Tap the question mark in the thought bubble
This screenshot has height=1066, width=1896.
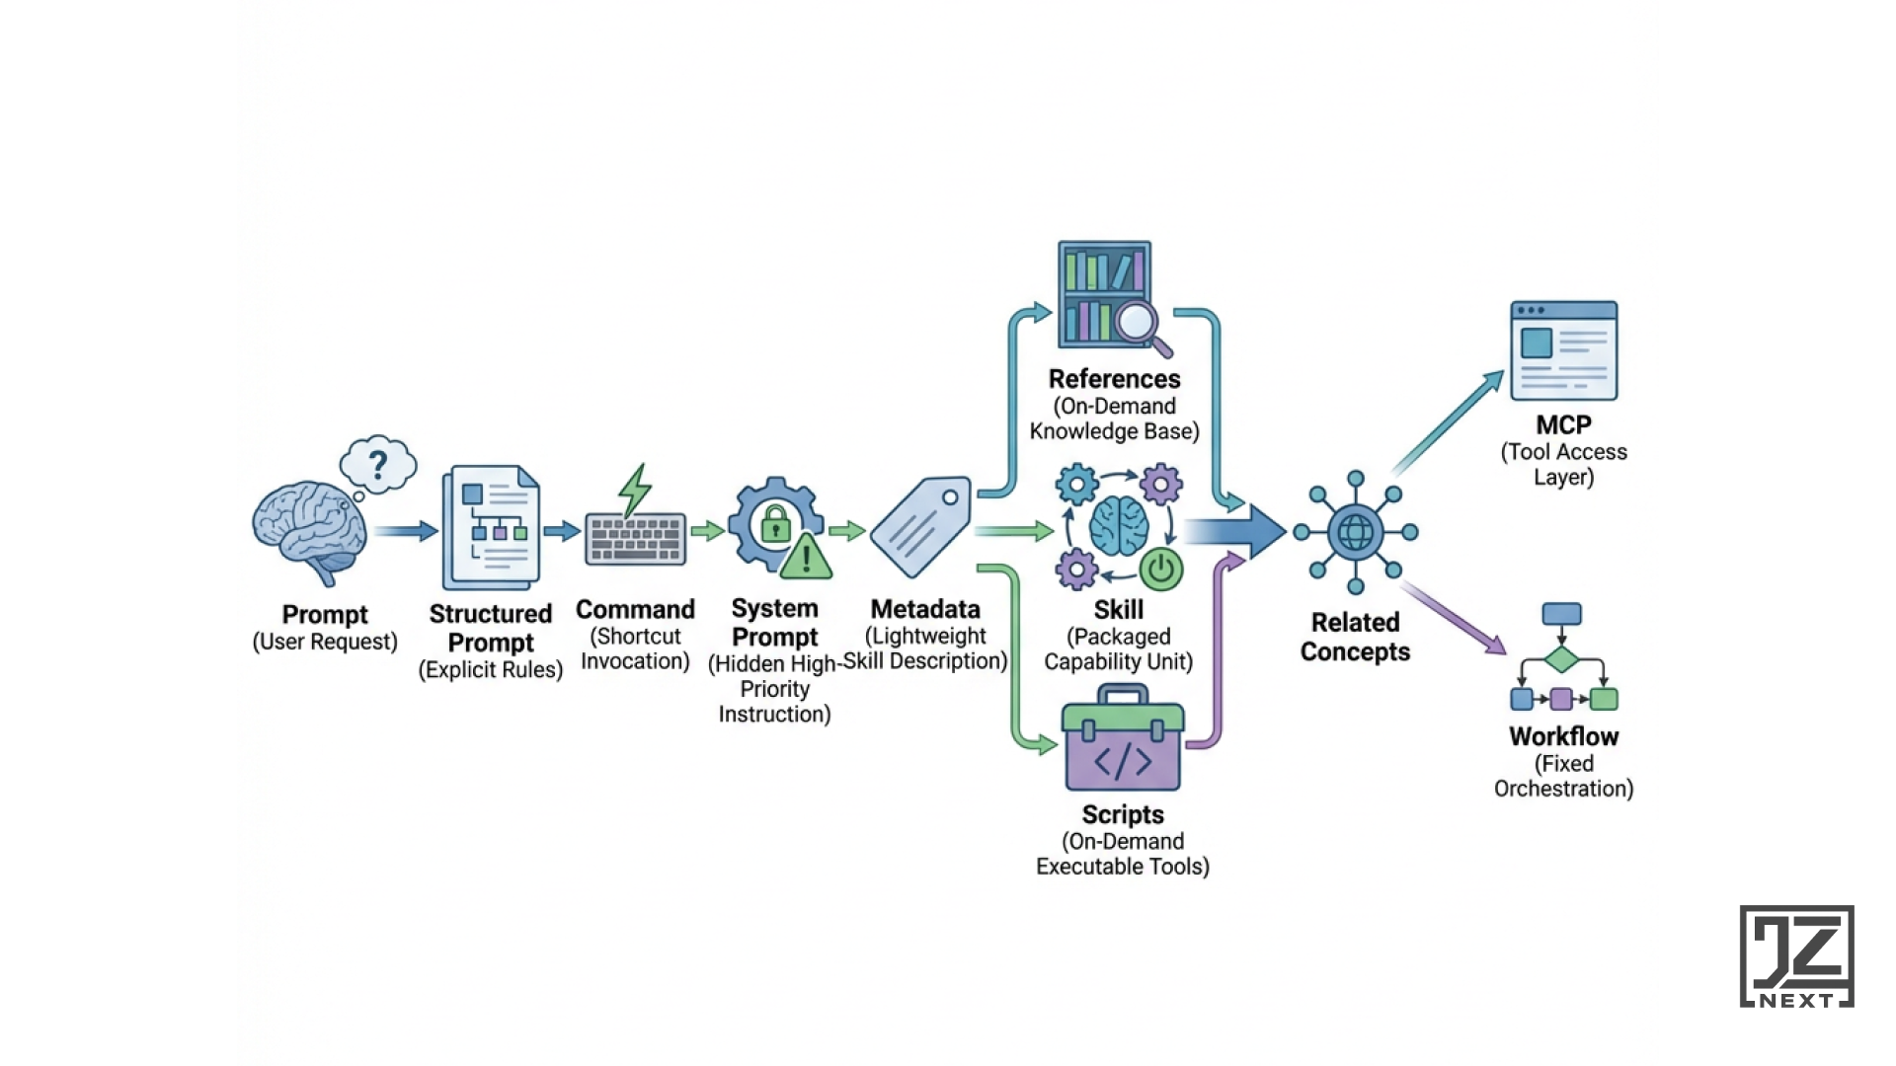[377, 464]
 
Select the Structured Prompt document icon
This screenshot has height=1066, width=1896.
[492, 528]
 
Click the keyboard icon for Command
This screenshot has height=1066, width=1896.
[635, 539]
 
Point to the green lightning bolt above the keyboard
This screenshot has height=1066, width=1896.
[635, 490]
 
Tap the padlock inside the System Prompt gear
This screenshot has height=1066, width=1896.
[776, 523]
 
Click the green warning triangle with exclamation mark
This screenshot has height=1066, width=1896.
[806, 558]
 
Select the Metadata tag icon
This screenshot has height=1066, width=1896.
[920, 526]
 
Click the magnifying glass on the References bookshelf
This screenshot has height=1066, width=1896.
[1139, 323]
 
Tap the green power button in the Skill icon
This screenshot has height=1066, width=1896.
[1161, 570]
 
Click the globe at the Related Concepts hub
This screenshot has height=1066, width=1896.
[1355, 533]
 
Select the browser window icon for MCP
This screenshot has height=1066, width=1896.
[1563, 350]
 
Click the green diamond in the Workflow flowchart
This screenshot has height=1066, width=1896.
[1561, 659]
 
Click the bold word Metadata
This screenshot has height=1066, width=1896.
[925, 609]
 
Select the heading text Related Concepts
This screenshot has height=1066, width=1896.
[1355, 637]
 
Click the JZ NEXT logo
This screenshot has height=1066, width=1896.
[1796, 956]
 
